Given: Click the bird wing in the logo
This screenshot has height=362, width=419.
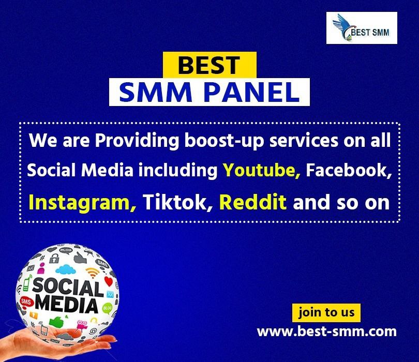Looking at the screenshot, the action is click(341, 23).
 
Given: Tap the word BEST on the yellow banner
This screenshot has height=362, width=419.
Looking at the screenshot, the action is click(209, 65).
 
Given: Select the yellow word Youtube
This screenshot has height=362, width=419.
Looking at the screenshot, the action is click(262, 170).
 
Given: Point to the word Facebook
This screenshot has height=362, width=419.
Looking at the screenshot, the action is click(349, 170).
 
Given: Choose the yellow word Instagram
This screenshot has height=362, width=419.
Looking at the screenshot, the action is click(82, 203).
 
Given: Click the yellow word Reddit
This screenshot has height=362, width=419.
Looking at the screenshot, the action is click(253, 202).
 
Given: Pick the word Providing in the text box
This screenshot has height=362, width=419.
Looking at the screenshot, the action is click(137, 141).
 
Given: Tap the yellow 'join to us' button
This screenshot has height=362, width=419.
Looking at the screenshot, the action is click(326, 312).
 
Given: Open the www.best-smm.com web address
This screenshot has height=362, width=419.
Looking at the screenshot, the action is click(326, 331).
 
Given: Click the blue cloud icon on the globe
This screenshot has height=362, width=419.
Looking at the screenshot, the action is click(66, 269).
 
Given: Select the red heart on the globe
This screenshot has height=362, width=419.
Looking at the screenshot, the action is click(109, 281).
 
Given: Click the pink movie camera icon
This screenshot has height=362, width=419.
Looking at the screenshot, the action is click(82, 325).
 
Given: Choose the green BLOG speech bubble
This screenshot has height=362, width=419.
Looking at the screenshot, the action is click(108, 308).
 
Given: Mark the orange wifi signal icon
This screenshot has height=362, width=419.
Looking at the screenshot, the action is click(93, 272).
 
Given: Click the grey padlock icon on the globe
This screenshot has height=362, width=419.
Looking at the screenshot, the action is click(54, 258).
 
